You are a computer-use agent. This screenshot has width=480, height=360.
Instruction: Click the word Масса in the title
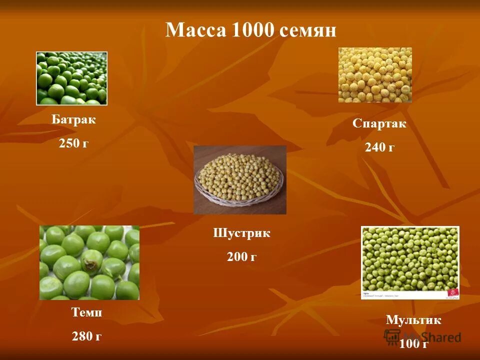(x=196, y=30)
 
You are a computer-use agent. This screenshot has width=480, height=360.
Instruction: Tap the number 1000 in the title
(x=253, y=30)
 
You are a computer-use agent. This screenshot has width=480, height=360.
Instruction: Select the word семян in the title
(x=308, y=31)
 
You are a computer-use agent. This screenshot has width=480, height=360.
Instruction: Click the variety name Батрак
(x=73, y=120)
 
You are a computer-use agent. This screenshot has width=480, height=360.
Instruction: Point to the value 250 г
(x=73, y=143)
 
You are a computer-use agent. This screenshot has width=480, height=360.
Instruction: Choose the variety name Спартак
(x=379, y=124)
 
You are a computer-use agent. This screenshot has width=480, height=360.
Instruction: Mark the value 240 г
(x=379, y=147)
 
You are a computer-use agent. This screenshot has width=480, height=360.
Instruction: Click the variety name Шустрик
(x=241, y=233)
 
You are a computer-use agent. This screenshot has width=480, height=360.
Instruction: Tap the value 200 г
(x=241, y=257)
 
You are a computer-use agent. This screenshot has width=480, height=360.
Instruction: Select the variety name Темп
(x=87, y=313)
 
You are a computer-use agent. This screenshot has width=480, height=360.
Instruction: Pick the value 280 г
(x=87, y=336)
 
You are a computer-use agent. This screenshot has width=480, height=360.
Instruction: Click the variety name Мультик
(x=413, y=320)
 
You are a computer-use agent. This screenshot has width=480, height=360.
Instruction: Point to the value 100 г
(x=413, y=343)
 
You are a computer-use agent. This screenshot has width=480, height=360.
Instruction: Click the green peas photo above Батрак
(x=71, y=78)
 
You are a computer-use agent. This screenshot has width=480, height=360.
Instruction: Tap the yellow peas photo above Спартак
(x=375, y=75)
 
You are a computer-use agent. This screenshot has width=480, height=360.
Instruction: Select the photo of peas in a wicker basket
(x=240, y=180)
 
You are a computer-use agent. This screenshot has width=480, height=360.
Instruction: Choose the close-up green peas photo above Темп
(x=89, y=262)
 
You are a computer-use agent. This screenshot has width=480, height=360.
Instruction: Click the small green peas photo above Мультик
(x=410, y=262)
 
